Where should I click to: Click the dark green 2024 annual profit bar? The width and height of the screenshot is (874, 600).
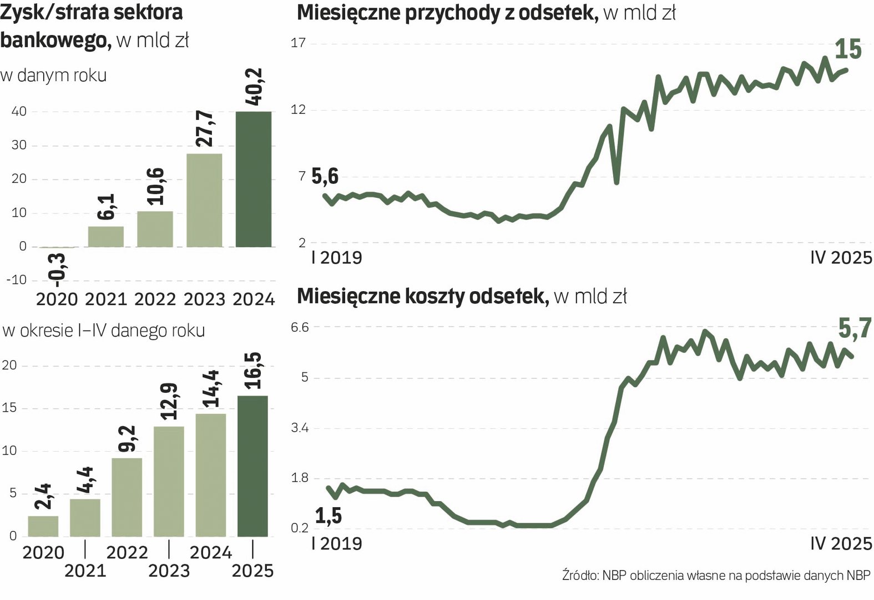[x=254, y=179]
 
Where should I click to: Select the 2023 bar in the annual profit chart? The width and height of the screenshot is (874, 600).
[x=204, y=200]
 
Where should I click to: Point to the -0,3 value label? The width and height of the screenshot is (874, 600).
[x=57, y=269]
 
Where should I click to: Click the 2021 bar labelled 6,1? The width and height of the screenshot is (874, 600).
[x=105, y=237]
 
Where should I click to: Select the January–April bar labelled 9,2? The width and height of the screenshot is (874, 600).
[x=127, y=497]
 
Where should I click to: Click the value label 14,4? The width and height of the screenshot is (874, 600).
[x=211, y=388]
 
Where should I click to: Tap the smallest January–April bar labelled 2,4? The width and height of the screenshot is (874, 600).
[x=43, y=526]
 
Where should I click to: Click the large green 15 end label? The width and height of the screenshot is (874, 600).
[x=848, y=49]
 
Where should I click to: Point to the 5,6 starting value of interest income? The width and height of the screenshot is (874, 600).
[x=325, y=177]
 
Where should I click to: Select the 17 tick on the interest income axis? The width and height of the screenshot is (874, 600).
[x=299, y=43]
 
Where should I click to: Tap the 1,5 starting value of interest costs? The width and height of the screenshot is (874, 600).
[x=329, y=516]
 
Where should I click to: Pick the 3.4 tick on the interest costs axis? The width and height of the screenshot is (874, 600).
[x=300, y=428]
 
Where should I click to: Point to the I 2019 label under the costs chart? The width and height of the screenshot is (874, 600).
[x=337, y=543]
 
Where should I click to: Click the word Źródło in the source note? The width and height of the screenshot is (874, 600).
[x=580, y=576]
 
